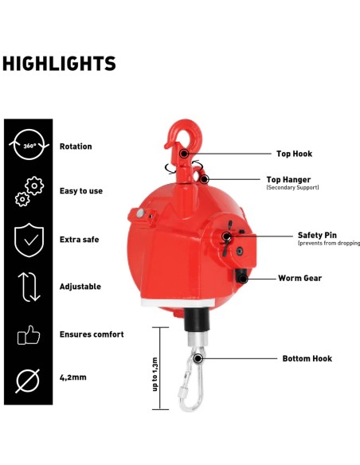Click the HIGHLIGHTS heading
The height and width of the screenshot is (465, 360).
point(59,64)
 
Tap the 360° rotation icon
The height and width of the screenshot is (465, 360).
point(29,144)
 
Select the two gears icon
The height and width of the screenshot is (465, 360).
point(29,191)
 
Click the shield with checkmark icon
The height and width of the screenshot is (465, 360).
point(29,240)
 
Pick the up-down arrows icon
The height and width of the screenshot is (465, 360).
point(29,287)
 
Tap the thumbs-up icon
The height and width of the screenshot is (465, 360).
point(29,335)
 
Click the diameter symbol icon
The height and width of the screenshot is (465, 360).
point(28,381)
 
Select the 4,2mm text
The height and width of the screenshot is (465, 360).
point(73,377)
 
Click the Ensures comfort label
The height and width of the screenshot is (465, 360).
point(92,334)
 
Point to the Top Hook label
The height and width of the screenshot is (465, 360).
point(294,154)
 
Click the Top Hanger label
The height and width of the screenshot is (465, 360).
point(288,179)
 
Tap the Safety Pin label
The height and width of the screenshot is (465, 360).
point(317,235)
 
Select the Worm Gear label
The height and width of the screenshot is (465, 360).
point(299,278)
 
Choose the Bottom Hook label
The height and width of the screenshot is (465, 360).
point(307,358)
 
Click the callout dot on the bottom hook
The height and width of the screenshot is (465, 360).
point(198,358)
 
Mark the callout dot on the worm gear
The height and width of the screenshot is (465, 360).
point(243,279)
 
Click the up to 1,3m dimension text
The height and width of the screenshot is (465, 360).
point(155,374)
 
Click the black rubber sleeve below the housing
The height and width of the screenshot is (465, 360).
point(197,320)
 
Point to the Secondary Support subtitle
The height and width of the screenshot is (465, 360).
point(292,187)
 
